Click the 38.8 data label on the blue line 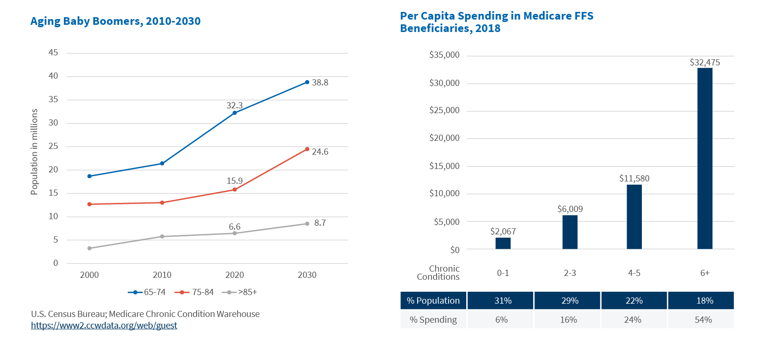point(320,83)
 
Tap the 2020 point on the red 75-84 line point(234,190)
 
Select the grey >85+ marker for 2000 point(89,248)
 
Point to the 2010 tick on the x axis point(162,275)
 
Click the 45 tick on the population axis point(53,53)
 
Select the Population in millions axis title point(34,152)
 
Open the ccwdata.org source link point(104,326)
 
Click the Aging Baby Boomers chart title point(115,21)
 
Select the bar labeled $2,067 point(503,243)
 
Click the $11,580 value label point(634,179)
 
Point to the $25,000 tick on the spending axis point(444,111)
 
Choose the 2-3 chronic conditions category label point(570,273)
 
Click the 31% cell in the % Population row point(503,301)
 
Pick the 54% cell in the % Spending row point(703,320)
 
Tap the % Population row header point(433,301)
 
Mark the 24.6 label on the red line point(320,152)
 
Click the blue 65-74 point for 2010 point(162,164)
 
